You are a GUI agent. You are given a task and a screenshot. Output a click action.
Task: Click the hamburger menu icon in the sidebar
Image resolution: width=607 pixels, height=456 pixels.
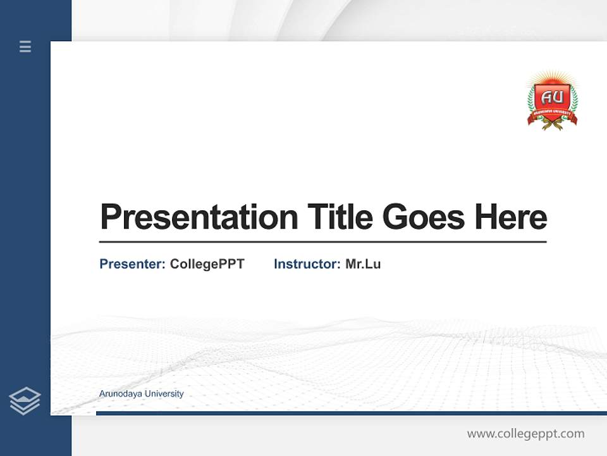point(25,46)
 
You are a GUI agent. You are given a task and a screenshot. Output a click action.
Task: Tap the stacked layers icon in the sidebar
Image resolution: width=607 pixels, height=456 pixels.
point(25,401)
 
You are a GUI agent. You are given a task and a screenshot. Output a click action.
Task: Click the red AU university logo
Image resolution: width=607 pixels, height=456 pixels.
point(552,101)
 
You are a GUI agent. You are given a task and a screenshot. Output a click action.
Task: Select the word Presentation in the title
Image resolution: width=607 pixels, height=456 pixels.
point(199,217)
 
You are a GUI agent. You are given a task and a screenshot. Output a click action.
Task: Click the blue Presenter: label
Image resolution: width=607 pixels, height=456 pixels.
point(132,264)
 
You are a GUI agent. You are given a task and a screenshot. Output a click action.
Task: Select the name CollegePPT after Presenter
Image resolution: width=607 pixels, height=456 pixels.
point(207,264)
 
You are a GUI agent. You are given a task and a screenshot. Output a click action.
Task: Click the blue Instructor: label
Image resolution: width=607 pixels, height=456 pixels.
point(307,264)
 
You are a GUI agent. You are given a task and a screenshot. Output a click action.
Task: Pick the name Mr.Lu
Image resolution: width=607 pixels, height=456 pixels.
point(363,264)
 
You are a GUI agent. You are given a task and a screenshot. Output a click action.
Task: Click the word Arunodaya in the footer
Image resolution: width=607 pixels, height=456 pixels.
point(121,394)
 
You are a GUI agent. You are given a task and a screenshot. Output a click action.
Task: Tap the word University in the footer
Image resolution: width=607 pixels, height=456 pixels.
point(164,394)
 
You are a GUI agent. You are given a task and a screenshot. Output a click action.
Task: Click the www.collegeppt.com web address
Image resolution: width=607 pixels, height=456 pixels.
point(525,434)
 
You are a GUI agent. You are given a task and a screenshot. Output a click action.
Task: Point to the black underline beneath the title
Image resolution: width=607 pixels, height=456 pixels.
point(322,241)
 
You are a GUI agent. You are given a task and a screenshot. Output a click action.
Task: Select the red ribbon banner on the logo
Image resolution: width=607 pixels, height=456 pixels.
point(552,117)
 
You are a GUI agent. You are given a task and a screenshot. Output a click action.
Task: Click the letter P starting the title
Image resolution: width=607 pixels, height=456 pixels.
point(109,217)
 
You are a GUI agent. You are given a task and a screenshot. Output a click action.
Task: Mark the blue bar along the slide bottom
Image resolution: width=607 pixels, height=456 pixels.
point(351,413)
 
